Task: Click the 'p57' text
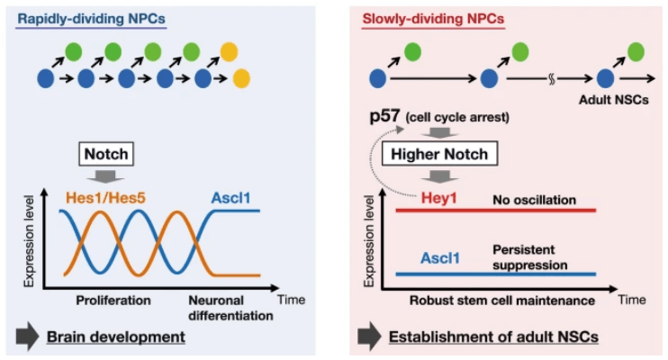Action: (x=383, y=117)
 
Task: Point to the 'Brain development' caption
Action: (x=123, y=337)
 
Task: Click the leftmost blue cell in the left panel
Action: (x=45, y=79)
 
